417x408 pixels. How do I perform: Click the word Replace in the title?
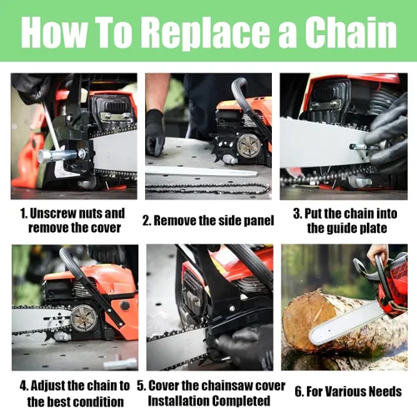point(204,33)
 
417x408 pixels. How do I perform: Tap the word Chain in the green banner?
point(351,32)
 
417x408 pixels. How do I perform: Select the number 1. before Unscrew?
point(23,214)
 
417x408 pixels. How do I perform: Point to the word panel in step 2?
point(258,221)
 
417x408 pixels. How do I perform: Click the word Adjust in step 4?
point(48,385)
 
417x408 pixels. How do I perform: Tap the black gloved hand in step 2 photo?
point(155,133)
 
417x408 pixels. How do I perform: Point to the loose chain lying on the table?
point(208,189)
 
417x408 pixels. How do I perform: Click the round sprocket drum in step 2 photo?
point(249,145)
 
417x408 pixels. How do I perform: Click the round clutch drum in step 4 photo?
point(83,318)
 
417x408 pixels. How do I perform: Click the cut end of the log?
point(308,319)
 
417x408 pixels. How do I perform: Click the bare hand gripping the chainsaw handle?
point(378,253)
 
